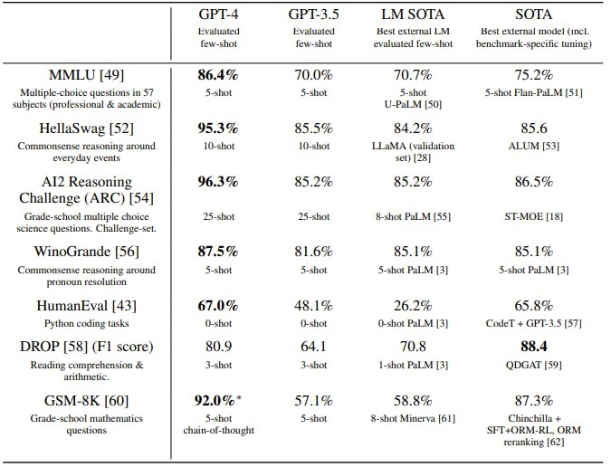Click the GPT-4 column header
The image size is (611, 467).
point(219,14)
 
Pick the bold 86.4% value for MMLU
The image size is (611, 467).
point(218,73)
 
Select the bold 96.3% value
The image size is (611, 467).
point(218,181)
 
